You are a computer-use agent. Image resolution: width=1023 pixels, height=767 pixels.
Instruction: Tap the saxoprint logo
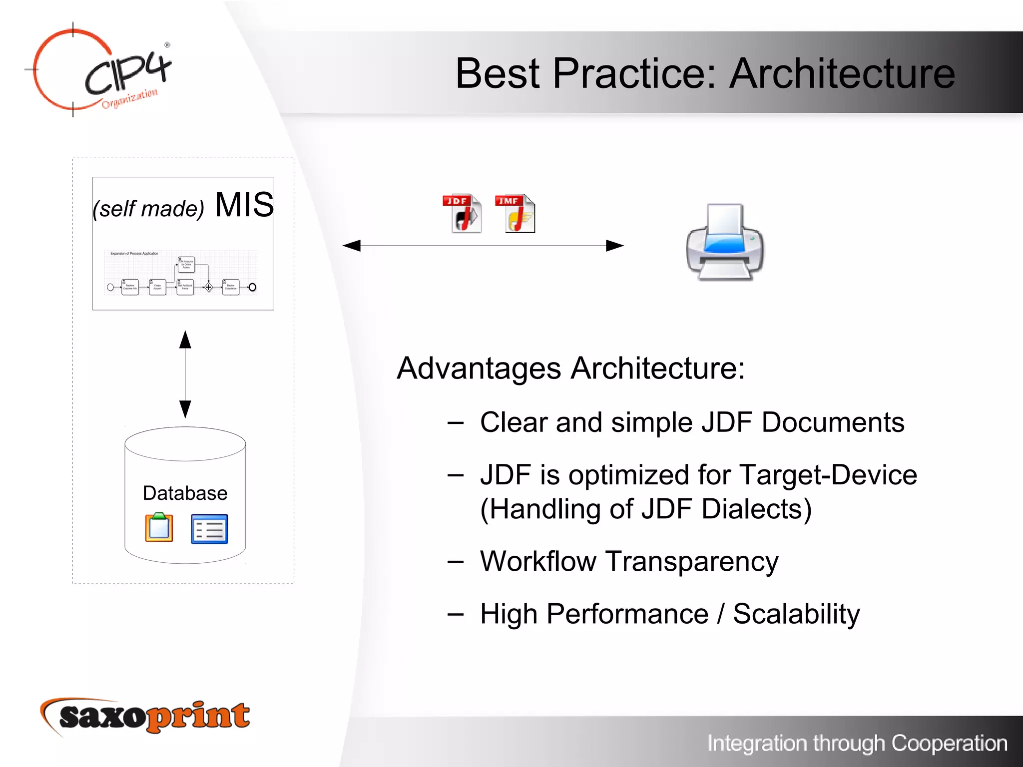tap(145, 717)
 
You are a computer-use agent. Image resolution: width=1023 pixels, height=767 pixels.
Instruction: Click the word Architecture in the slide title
tap(842, 73)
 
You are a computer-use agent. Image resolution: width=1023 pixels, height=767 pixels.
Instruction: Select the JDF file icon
tap(463, 213)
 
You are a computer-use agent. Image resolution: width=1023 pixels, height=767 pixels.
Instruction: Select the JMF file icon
tap(515, 213)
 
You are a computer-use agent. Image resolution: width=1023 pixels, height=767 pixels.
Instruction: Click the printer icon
tap(724, 242)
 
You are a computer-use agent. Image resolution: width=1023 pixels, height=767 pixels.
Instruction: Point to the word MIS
tap(244, 205)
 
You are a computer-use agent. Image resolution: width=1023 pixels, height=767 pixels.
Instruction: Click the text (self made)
tap(148, 209)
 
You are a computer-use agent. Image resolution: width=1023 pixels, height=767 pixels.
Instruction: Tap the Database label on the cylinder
tap(185, 493)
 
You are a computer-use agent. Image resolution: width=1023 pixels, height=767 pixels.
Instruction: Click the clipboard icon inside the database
tap(159, 527)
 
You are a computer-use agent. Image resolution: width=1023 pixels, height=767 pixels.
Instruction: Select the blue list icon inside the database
tap(209, 529)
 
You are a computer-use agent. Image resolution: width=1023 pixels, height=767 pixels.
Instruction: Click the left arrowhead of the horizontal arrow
tap(352, 246)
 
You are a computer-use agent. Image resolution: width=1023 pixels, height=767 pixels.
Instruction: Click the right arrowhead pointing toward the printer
tap(614, 246)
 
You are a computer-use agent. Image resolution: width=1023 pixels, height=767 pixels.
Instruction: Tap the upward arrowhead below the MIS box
tap(185, 340)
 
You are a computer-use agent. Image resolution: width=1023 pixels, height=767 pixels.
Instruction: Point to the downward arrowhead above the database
tap(185, 408)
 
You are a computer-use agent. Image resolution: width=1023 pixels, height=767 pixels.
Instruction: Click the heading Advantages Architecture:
tap(570, 369)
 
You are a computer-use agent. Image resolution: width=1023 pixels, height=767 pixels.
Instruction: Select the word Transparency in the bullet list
tap(692, 561)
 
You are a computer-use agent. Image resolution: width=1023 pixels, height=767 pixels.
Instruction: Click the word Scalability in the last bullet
tap(796, 614)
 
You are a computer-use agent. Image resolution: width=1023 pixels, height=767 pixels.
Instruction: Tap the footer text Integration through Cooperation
tap(857, 743)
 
